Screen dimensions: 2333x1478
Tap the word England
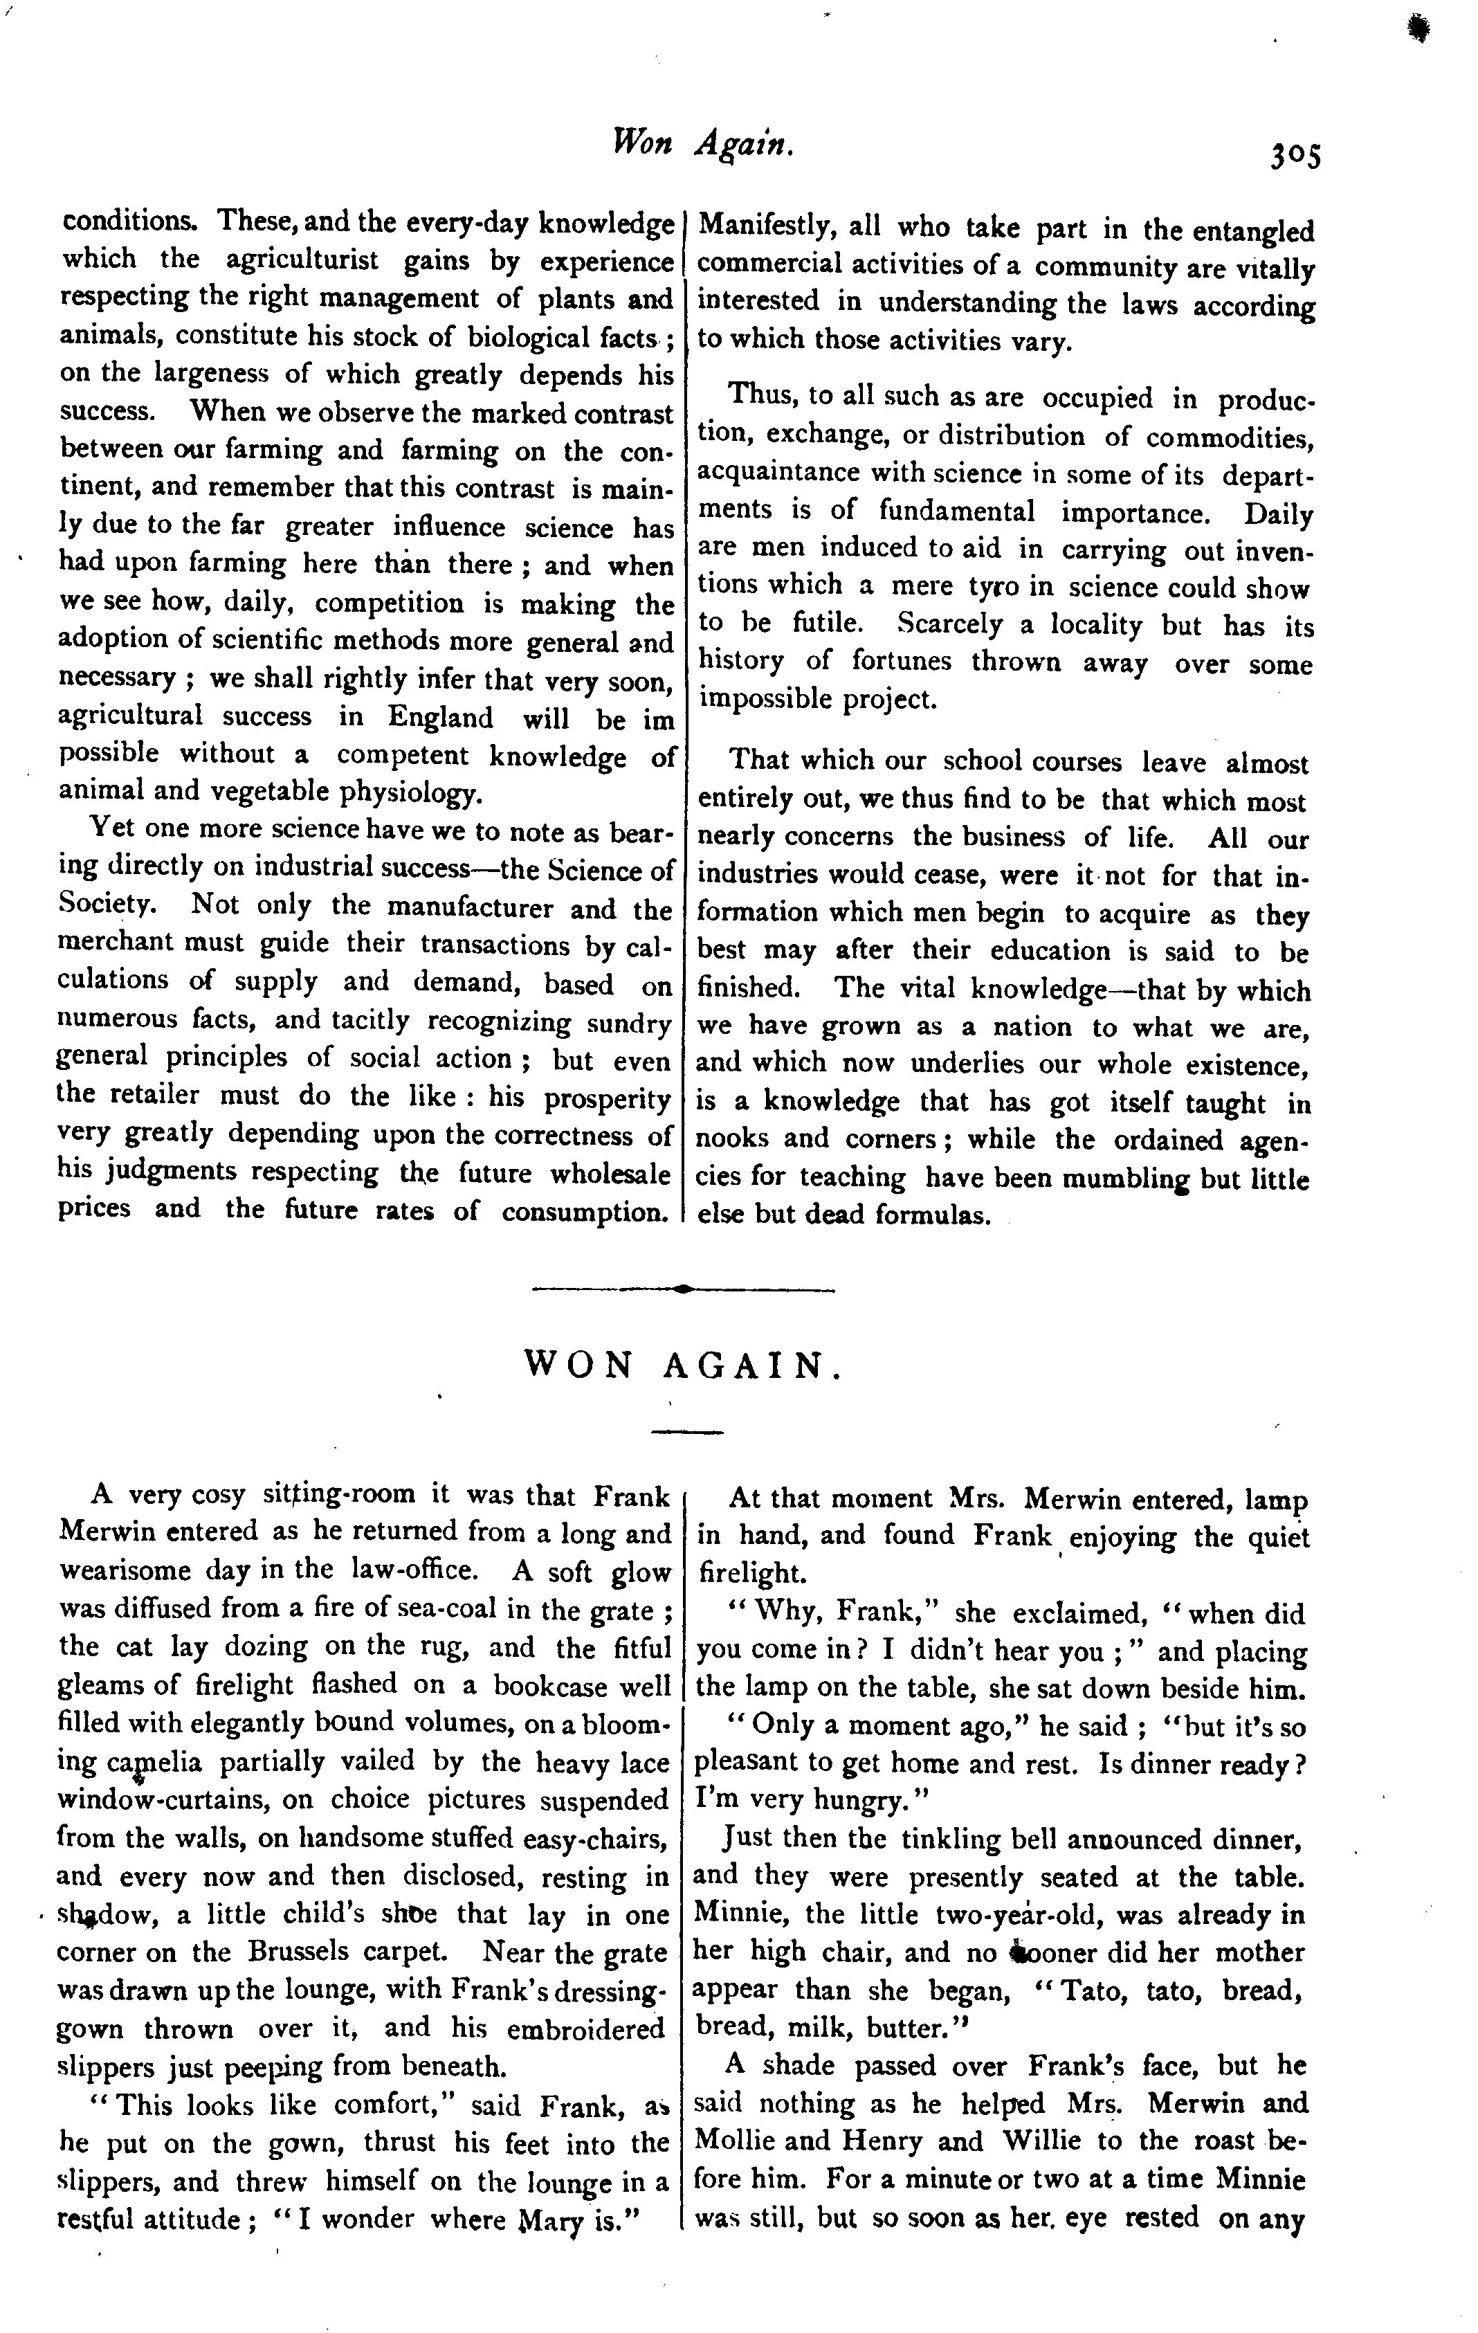[x=441, y=718]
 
